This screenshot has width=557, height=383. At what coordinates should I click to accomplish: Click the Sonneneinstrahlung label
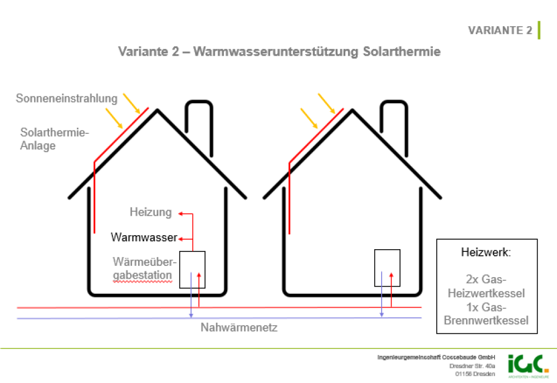pos(67,99)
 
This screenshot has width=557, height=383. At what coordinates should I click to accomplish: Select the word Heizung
pos(151,212)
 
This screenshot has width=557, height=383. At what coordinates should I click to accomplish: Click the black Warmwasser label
pos(144,237)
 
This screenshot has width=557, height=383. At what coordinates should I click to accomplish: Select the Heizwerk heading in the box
pos(486,253)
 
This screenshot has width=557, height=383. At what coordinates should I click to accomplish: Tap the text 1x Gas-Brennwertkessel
pos(486,316)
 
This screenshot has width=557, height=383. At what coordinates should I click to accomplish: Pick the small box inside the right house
pos(387,267)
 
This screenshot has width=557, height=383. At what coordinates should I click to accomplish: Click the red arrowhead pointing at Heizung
pos(182,214)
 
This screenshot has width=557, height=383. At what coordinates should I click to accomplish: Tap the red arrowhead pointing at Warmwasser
pos(180,238)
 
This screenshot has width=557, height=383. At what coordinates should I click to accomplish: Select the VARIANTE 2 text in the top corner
pos(500,30)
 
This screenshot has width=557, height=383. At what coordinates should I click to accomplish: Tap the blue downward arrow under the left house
pos(190,313)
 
